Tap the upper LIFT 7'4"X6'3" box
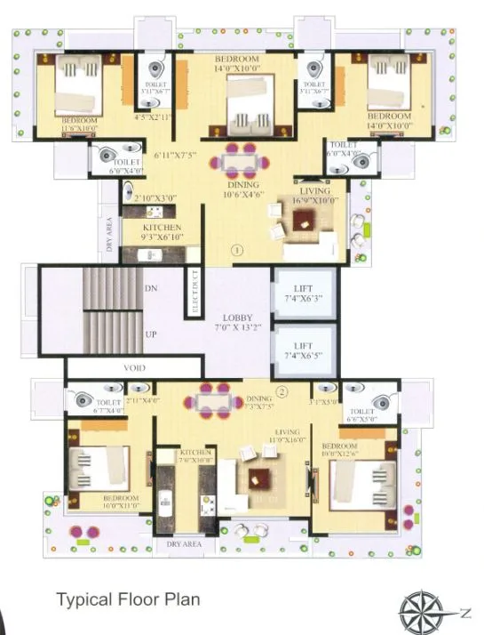[x=303, y=293]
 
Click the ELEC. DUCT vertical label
[x=194, y=293]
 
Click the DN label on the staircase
[x=150, y=290]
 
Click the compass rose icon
[x=421, y=612]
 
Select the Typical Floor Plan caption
[x=128, y=599]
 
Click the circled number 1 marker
[x=237, y=251]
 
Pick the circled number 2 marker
[x=282, y=392]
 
